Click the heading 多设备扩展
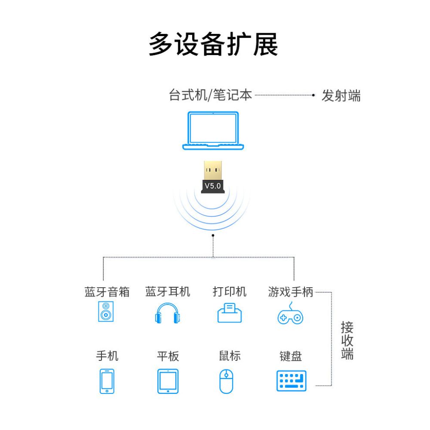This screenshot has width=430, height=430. [213, 44]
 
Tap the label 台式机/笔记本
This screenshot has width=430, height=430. [210, 95]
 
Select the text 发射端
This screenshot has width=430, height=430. [341, 96]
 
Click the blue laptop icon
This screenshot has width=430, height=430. [213, 131]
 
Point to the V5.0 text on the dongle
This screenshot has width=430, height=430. [213, 186]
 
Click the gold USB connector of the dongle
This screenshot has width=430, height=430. [213, 170]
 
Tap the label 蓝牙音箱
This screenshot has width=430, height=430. [107, 292]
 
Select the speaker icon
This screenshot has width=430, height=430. [106, 311]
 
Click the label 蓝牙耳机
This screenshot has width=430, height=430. [168, 292]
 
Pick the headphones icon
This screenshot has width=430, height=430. [168, 313]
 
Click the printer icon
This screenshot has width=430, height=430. [230, 313]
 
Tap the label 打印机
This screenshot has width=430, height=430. [230, 292]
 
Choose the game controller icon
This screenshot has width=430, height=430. [290, 313]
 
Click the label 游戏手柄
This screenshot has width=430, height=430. [291, 292]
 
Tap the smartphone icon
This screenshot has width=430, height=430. [107, 381]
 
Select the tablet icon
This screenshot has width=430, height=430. [168, 381]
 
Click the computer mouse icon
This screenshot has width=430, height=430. [226, 381]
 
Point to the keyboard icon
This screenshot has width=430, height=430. [291, 381]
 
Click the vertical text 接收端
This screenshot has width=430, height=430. [347, 340]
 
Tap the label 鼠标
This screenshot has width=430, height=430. [230, 356]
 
